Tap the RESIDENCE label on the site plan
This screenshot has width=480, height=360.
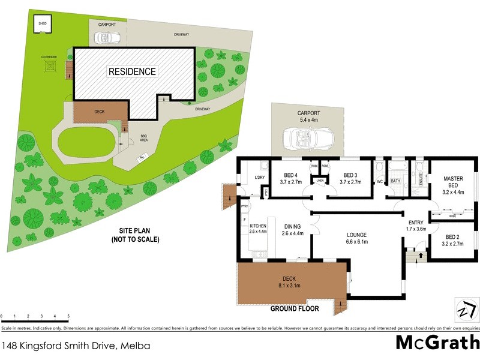pos(132,71)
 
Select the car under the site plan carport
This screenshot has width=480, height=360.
pos(109,38)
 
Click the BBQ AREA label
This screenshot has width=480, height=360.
pos(144,137)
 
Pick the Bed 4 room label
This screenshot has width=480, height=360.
pos(290,178)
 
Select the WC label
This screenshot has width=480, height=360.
pos(379,181)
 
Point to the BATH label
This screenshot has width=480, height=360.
pos(395,181)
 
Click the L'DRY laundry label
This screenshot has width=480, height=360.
pos(260,178)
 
